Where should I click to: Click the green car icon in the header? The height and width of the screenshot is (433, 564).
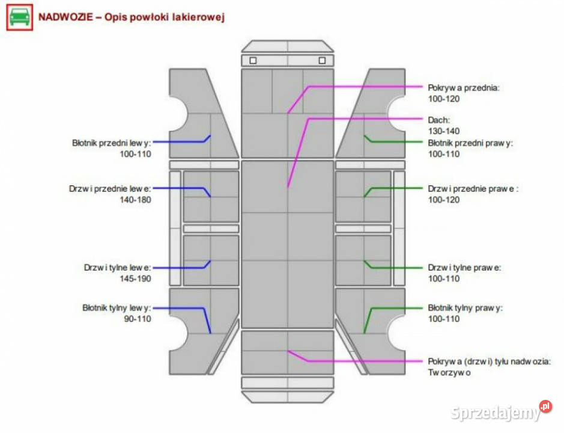pos(20,17)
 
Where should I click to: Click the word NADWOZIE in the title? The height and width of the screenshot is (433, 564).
pos(66,17)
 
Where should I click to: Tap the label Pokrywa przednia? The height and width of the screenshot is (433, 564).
pos(464,88)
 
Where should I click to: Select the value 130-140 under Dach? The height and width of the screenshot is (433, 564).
pos(443,131)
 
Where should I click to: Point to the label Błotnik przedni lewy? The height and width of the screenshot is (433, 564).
pos(112,143)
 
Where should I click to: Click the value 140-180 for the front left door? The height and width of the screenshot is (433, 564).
pos(135,200)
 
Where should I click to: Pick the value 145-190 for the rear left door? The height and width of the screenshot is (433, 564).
pos(135,278)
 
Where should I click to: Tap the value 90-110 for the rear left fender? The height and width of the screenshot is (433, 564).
pos(138,319)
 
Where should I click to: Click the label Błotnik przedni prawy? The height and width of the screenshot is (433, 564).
pos(470,143)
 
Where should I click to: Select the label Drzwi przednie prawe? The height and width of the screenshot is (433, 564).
pos(473,189)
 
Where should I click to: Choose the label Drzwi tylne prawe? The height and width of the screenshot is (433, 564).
pos(464,268)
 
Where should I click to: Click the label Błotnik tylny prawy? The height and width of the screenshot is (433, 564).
pos(465,308)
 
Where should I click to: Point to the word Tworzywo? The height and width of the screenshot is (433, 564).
pos(449,372)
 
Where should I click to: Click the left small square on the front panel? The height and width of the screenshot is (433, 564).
pos(253,61)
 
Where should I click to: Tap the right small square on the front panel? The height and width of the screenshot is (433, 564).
pos(322,61)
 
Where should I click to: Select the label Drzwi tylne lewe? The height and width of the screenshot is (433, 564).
pos(117,268)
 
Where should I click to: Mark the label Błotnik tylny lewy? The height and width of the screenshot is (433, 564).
pos(117,308)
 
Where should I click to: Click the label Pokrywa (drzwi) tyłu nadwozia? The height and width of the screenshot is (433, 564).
pos(489,361)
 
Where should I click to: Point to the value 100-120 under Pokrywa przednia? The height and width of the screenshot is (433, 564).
pos(443,99)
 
